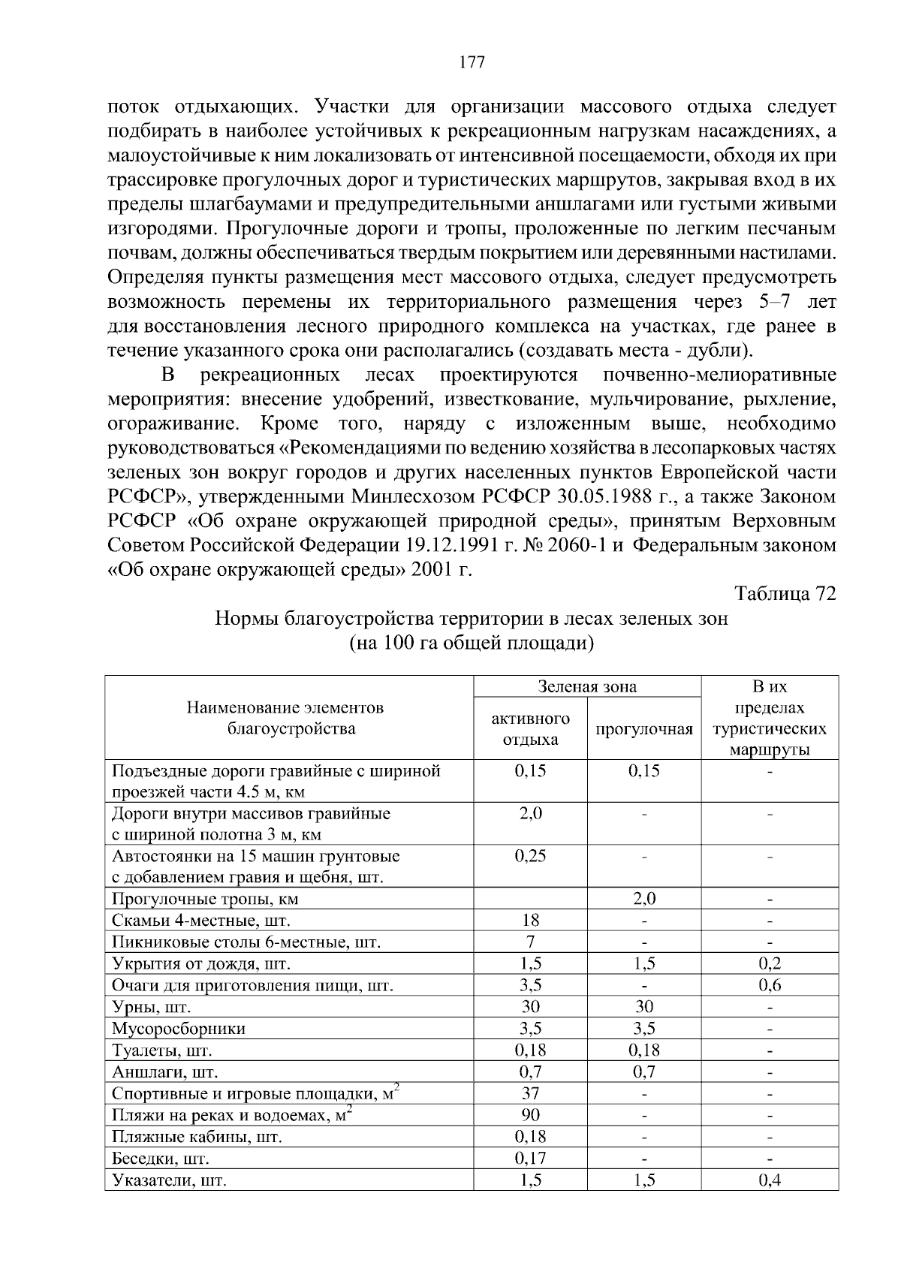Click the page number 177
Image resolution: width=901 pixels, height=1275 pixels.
click(x=472, y=62)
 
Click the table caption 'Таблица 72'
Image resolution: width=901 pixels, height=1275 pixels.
click(x=785, y=594)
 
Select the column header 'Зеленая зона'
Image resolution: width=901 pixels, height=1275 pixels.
click(x=587, y=686)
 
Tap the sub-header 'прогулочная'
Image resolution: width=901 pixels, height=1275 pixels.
click(x=643, y=729)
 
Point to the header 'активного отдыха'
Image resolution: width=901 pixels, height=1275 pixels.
click(x=530, y=728)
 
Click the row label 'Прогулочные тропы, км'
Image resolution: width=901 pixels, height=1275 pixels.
click(x=205, y=899)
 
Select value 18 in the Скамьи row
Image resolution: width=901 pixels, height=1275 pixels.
click(x=530, y=921)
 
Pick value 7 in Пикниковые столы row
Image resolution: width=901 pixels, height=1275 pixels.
click(x=530, y=942)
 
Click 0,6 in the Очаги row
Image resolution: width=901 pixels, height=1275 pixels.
click(x=770, y=985)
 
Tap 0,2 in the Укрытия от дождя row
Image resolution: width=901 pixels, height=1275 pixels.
click(x=770, y=963)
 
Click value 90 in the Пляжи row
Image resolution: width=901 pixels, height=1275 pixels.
click(x=530, y=1115)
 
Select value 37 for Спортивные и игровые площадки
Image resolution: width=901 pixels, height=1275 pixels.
click(x=530, y=1093)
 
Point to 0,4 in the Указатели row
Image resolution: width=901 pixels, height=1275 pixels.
click(x=770, y=1180)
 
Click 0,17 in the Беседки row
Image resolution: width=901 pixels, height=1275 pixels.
click(x=530, y=1159)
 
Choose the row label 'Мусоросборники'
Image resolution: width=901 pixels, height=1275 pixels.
click(x=179, y=1029)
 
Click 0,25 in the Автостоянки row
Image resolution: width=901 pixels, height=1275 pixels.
click(x=530, y=856)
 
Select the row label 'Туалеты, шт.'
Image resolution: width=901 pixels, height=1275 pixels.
click(x=162, y=1050)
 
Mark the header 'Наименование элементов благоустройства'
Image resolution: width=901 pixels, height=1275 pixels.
click(x=285, y=718)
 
